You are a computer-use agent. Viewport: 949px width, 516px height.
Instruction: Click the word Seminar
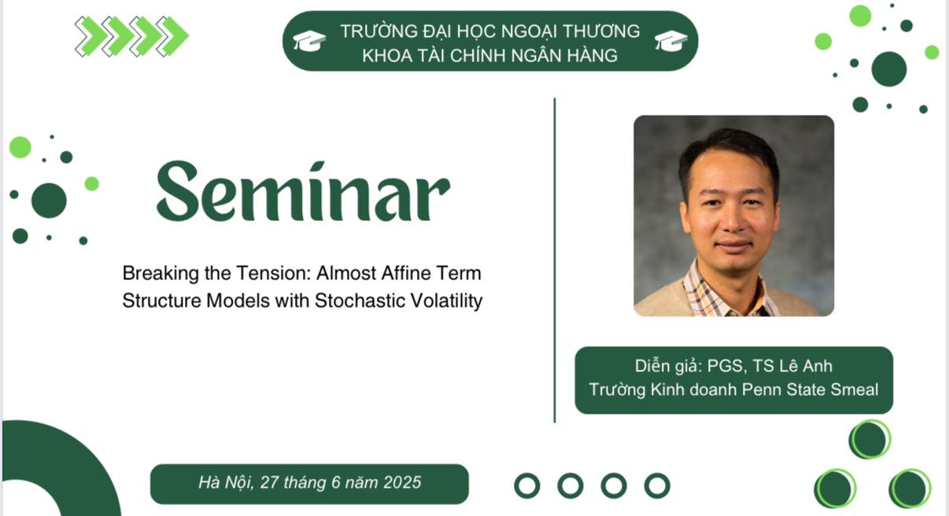[303, 191]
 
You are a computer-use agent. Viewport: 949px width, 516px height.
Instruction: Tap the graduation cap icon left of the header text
[309, 41]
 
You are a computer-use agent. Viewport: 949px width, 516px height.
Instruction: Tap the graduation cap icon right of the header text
[671, 41]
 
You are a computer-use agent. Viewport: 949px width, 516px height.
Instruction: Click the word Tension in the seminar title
[273, 273]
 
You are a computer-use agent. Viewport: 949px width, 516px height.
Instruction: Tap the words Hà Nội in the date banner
[226, 482]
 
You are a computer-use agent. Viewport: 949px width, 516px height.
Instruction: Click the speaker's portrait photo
[733, 216]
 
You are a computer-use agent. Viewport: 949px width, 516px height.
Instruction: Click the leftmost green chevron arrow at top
[90, 36]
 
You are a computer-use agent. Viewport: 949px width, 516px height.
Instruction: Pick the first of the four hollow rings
[527, 485]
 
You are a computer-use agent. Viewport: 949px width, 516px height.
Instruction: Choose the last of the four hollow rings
[657, 485]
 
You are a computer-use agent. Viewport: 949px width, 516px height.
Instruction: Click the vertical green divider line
[555, 260]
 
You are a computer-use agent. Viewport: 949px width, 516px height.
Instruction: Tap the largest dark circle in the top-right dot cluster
[889, 69]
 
